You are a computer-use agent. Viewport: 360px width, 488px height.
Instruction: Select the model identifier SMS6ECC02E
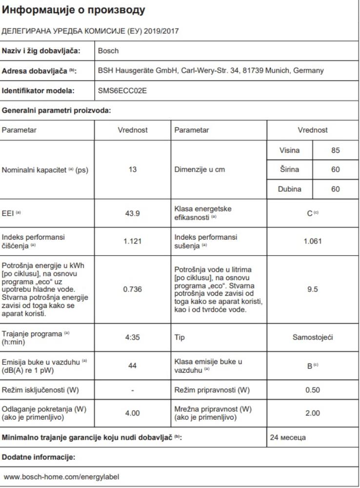coord(119,90)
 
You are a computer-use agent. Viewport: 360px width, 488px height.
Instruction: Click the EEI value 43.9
coord(133,213)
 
